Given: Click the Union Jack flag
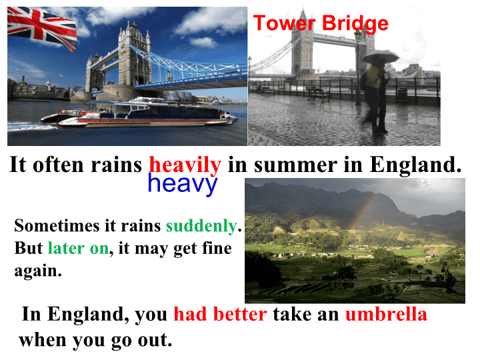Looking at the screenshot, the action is [42, 27].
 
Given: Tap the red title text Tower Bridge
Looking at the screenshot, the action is [321, 23].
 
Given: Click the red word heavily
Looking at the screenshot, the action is [185, 165].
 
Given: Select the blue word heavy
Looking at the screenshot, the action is [183, 184].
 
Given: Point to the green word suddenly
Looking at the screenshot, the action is [201, 227].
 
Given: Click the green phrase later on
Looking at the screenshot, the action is [79, 248].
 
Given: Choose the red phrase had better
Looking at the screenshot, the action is [220, 315].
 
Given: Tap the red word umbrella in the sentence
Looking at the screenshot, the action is [386, 315].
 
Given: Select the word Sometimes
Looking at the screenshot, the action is [57, 226].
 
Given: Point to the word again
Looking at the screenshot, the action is [38, 271].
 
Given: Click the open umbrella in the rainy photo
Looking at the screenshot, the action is [380, 57].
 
